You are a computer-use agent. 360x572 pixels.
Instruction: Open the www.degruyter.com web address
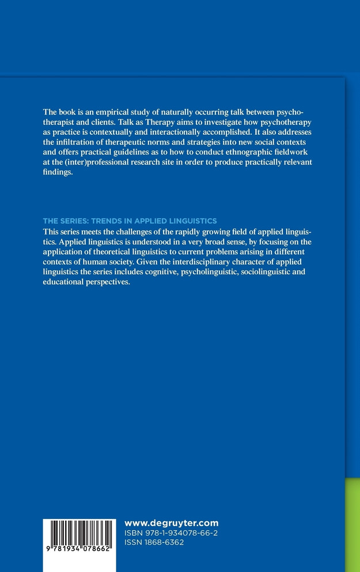171,523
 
